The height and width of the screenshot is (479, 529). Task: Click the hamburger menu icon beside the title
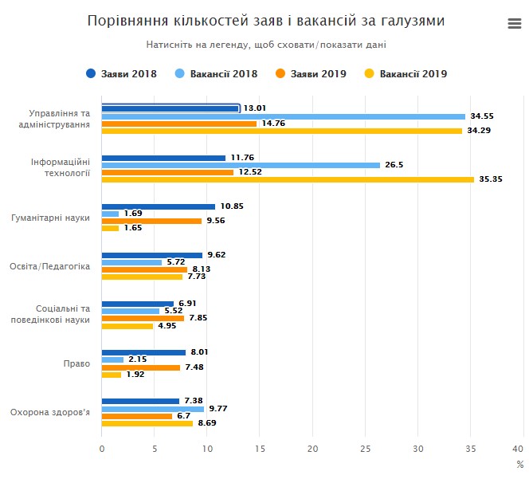pyautogui.click(x=514, y=24)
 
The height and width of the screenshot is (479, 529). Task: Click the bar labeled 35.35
pyautogui.click(x=288, y=179)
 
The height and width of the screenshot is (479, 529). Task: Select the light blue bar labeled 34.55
pyautogui.click(x=284, y=116)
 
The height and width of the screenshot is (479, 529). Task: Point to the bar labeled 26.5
pyautogui.click(x=241, y=165)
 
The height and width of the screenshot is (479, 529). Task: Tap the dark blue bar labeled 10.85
pyautogui.click(x=159, y=206)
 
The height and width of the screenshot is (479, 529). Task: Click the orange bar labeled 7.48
pyautogui.click(x=141, y=367)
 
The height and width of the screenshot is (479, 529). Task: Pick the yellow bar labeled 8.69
pyautogui.click(x=147, y=423)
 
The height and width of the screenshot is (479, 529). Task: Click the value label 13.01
pyautogui.click(x=255, y=108)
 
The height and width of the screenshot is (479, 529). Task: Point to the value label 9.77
pyautogui.click(x=218, y=409)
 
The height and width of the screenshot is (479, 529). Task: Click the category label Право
pyautogui.click(x=77, y=363)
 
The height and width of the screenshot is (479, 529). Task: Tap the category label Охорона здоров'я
pyautogui.click(x=50, y=412)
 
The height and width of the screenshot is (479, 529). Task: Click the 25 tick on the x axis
pyautogui.click(x=365, y=449)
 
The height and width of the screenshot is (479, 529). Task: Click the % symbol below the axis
pyautogui.click(x=519, y=464)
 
